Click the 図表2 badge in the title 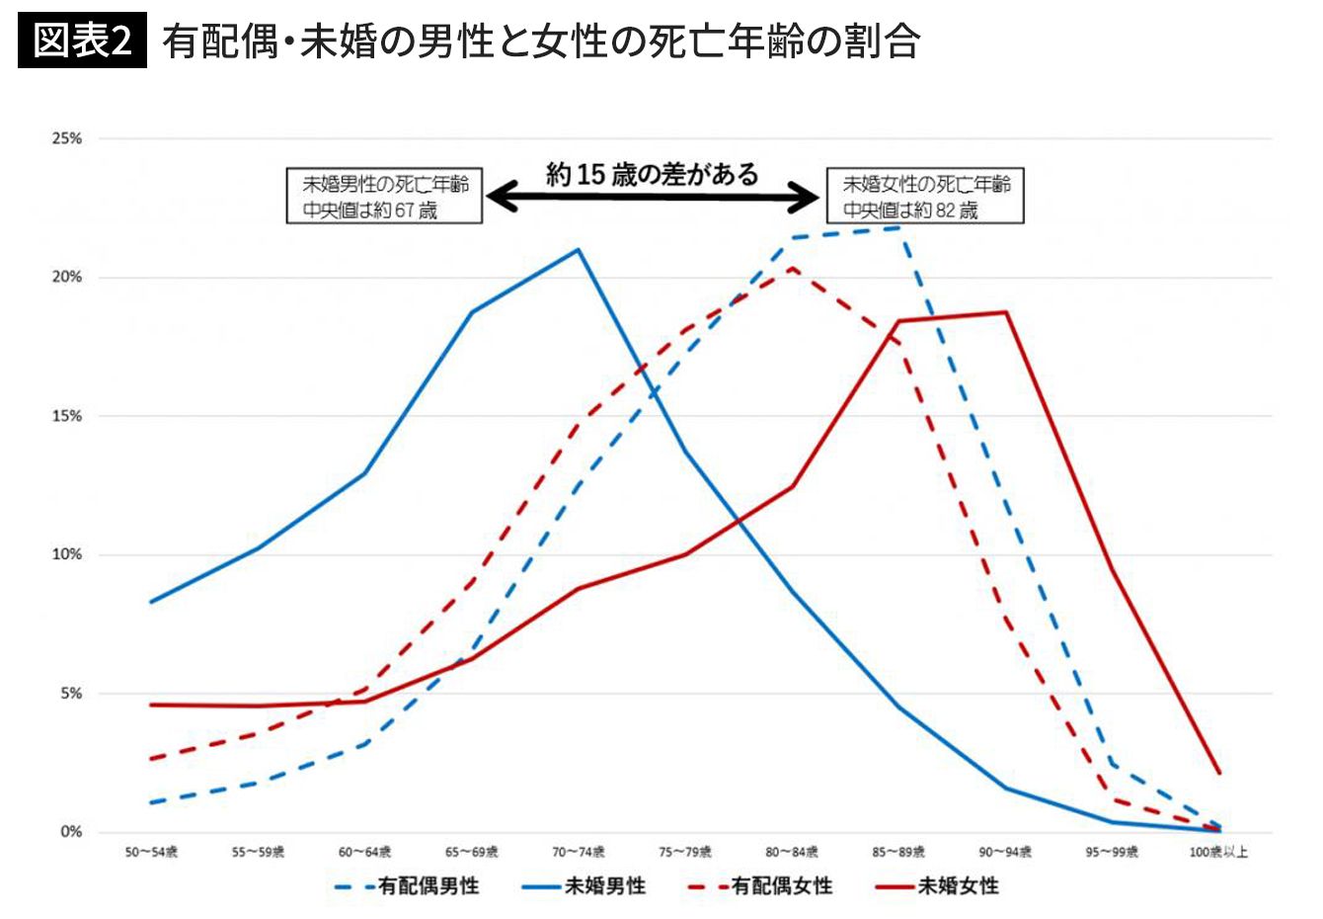(x=82, y=42)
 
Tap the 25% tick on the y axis (x=67, y=139)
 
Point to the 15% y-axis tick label (x=67, y=416)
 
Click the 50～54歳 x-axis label (x=151, y=853)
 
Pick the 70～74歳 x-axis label (x=579, y=853)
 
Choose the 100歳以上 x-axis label (x=1218, y=853)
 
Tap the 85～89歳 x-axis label (x=898, y=853)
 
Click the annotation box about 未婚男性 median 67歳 (x=384, y=196)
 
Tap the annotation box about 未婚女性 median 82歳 (x=925, y=196)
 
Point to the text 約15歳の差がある (x=653, y=175)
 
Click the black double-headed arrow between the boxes (x=653, y=198)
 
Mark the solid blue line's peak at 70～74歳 (x=579, y=249)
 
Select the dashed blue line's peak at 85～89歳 (x=898, y=228)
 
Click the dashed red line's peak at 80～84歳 (x=792, y=268)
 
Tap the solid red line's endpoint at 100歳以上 (x=1219, y=773)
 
